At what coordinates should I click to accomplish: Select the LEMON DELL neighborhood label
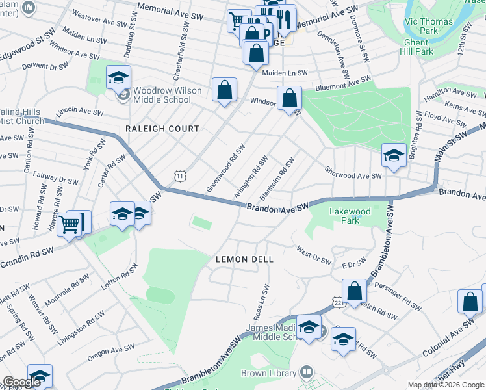point(244,259)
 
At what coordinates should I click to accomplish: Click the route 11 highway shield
point(179,175)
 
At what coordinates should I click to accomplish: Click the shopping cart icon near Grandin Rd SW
point(70,226)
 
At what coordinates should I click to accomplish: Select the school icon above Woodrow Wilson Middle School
point(118,78)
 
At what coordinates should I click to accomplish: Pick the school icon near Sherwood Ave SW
point(394,156)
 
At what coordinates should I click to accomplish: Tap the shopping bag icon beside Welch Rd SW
point(355,291)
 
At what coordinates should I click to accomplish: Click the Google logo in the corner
point(22,382)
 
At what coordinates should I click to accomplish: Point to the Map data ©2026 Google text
point(446,385)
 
